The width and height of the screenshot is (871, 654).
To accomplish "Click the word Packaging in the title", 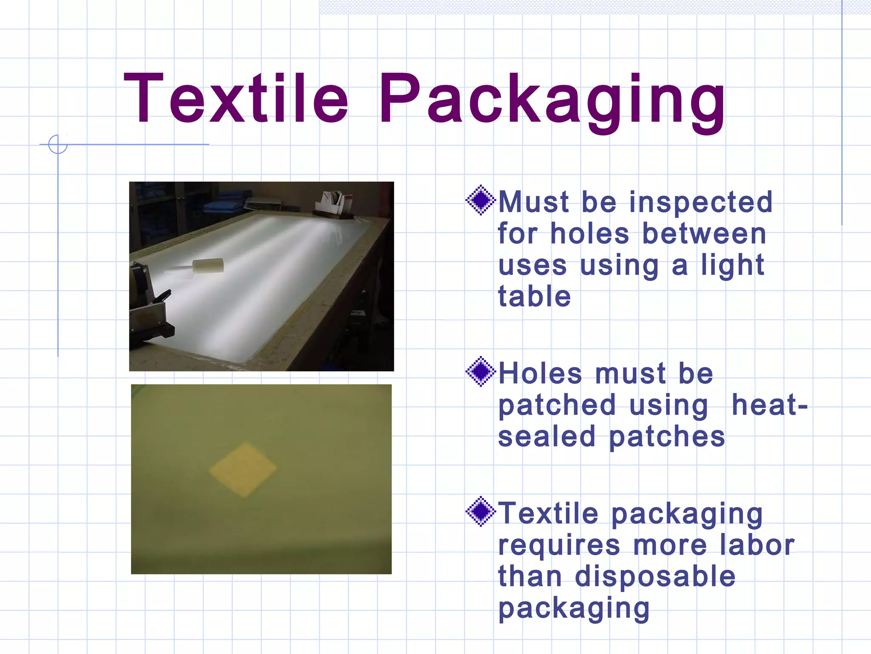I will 552,102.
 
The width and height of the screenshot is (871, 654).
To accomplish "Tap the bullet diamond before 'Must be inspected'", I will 481,200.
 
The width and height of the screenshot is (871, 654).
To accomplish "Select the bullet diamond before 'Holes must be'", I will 481,371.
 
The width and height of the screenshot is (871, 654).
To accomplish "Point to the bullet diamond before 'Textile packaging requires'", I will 481,511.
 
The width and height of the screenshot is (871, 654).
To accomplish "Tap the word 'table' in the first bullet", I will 534,296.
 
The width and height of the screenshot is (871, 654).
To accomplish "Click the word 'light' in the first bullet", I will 732,265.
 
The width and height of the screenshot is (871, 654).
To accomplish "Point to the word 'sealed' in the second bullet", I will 547,437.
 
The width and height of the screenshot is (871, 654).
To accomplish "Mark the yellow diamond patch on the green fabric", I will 243,469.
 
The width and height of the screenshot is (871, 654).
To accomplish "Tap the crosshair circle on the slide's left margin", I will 58,144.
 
